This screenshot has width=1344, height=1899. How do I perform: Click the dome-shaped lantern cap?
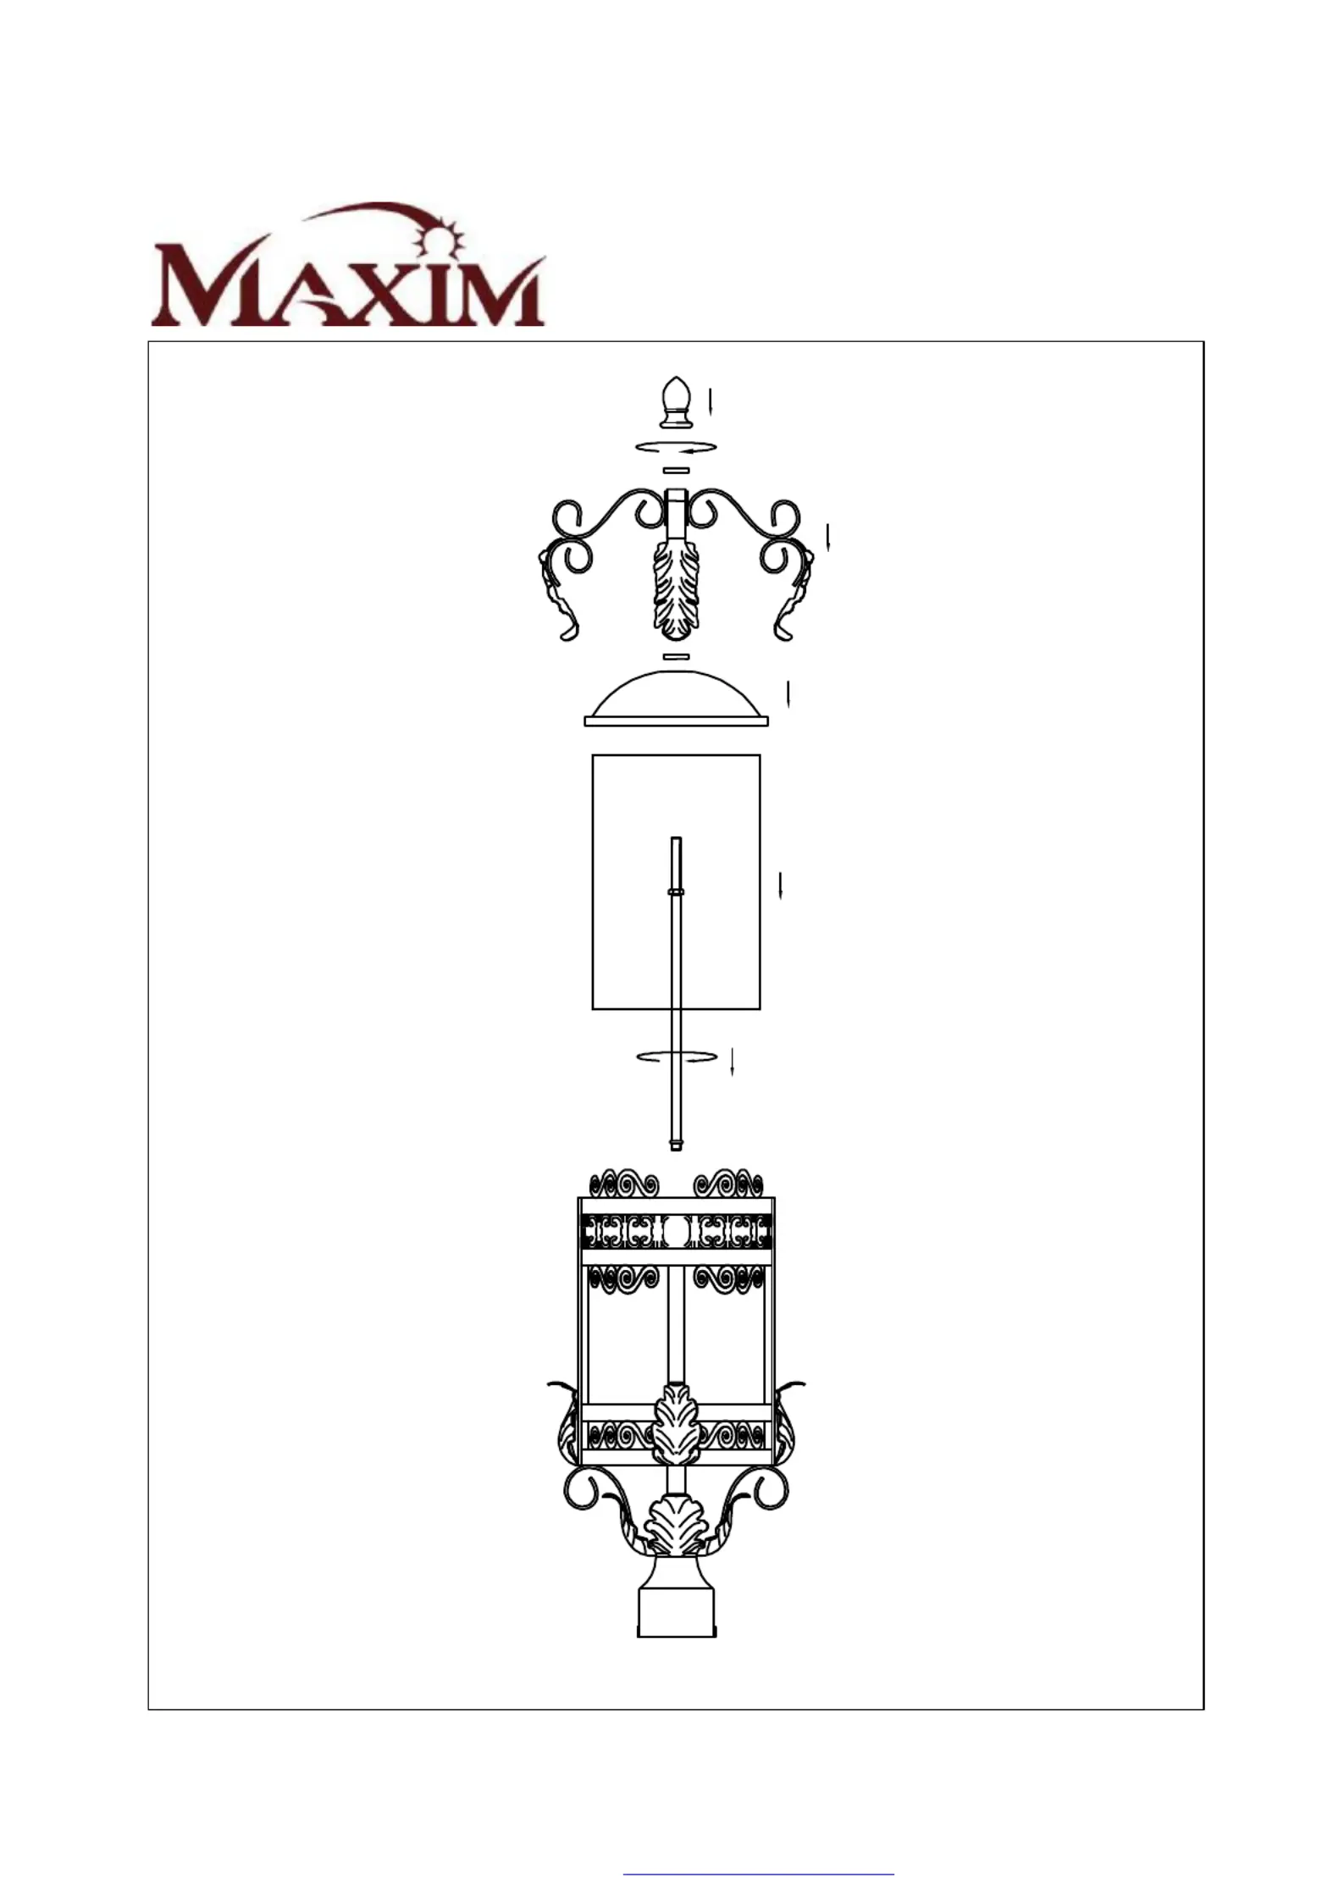click(x=676, y=698)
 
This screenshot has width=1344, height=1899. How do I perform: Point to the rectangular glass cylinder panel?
click(x=676, y=881)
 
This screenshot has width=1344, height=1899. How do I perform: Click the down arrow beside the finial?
click(x=711, y=400)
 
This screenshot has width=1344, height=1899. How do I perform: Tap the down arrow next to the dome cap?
click(x=788, y=693)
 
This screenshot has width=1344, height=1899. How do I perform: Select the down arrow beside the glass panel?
click(x=780, y=885)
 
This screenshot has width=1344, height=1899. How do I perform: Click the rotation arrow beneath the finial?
click(x=677, y=447)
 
